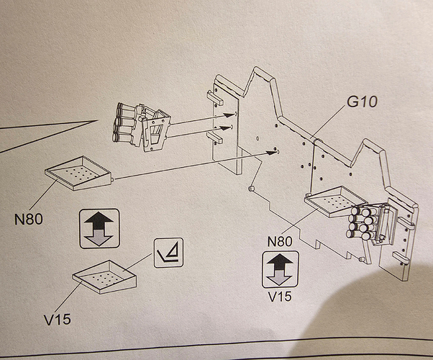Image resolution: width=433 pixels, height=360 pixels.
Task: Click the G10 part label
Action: tap(362, 102)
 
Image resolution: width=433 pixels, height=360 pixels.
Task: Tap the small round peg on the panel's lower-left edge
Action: tap(252, 188)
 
